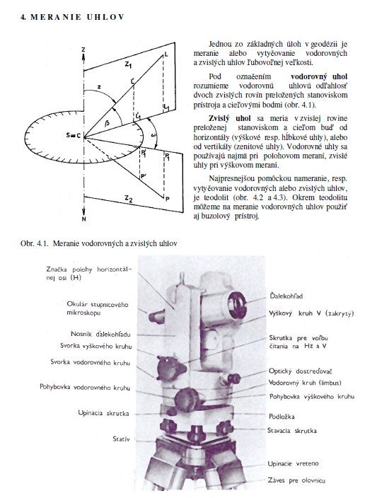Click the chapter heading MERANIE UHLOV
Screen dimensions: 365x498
click(77, 17)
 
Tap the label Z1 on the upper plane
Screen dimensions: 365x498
click(128, 65)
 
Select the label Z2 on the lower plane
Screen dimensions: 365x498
click(128, 199)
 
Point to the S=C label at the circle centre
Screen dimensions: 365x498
click(74, 136)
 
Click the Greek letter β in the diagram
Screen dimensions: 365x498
click(107, 123)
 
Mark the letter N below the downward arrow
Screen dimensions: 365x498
click(83, 219)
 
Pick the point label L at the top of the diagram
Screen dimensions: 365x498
click(166, 54)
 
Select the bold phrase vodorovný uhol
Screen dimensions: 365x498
click(319, 76)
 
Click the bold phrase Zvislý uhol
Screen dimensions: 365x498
click(230, 118)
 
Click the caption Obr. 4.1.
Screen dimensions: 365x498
click(35, 243)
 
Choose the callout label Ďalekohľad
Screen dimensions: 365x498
click(286, 296)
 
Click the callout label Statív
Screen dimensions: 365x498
click(121, 439)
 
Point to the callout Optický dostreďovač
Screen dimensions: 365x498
click(300, 371)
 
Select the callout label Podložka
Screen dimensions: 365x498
click(282, 417)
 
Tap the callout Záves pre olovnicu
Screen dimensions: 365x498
click(296, 480)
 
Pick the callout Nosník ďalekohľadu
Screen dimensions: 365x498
click(100, 334)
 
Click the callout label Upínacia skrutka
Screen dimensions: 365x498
click(103, 413)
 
